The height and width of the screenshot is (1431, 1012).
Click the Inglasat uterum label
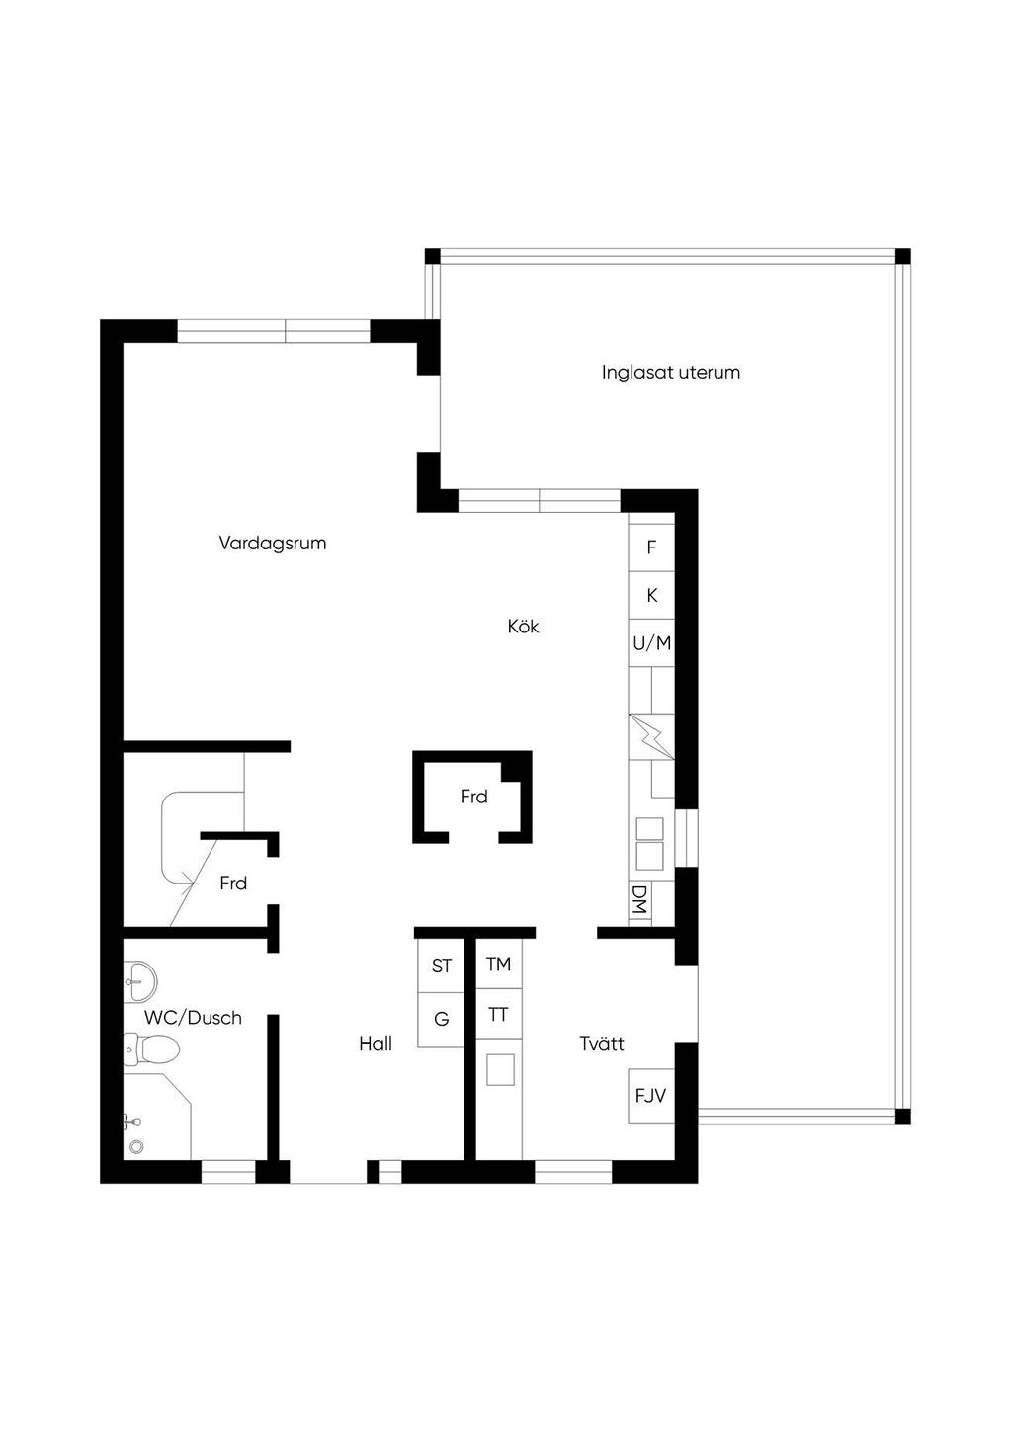[671, 372]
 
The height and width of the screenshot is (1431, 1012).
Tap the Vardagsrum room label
[272, 543]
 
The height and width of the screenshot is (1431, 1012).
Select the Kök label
[523, 627]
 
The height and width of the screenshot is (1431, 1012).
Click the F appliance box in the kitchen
[651, 547]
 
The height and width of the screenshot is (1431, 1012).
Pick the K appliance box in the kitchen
[651, 595]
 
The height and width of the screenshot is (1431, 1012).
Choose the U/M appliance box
[651, 642]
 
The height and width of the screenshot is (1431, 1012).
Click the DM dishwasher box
[639, 902]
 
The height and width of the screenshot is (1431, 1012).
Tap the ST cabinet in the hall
[441, 966]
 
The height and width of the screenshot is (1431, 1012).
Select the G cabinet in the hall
[441, 1020]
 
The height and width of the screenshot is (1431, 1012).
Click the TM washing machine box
[499, 964]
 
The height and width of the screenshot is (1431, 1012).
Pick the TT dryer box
[499, 1014]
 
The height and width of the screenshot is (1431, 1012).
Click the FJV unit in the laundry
[651, 1096]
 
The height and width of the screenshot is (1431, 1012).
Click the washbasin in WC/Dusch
[140, 981]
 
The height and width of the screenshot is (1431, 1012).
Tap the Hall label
[376, 1044]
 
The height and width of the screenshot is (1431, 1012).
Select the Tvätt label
[602, 1044]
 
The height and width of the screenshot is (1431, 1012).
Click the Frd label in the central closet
[474, 797]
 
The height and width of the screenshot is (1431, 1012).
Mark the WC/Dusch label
[193, 1018]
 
